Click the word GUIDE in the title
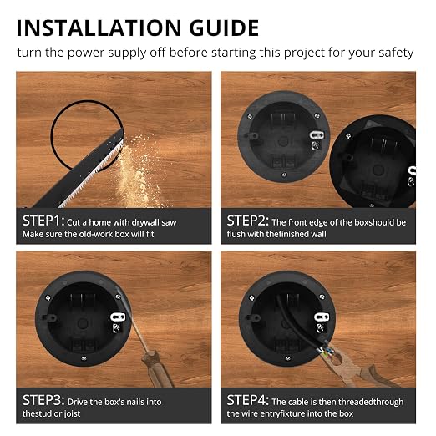point(225,28)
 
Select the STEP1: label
point(43,221)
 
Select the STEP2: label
point(247,221)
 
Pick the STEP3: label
point(43,400)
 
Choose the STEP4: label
point(247,400)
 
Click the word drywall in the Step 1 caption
point(144,223)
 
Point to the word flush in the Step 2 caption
point(236,234)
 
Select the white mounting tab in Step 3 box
point(118,317)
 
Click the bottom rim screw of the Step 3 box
point(84,358)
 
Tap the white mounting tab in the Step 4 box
point(322,317)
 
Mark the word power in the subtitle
point(86,53)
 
